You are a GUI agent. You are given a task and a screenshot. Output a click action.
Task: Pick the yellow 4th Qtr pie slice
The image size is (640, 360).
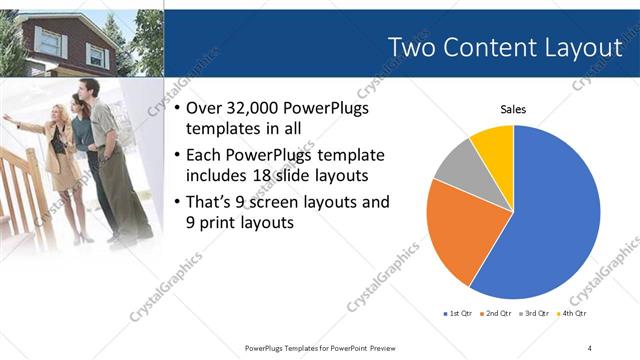click(494, 144)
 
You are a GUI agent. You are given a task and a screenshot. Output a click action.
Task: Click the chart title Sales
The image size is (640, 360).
click(513, 109)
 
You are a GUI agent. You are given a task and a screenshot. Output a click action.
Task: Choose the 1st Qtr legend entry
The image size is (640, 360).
click(460, 314)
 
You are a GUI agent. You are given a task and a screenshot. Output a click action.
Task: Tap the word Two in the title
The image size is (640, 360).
click(414, 47)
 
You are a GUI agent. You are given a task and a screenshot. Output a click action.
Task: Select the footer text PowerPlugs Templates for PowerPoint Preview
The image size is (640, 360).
click(319, 347)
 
